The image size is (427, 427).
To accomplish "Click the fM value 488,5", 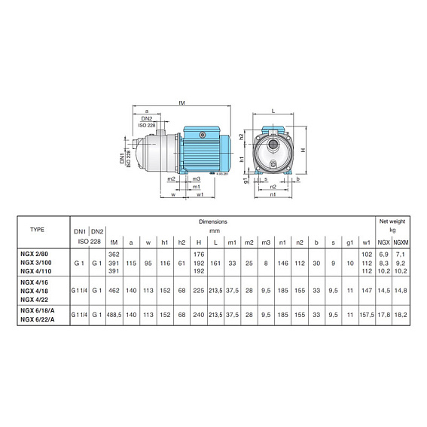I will pyautogui.click(x=114, y=316).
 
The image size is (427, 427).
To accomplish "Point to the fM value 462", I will pyautogui.click(x=114, y=289).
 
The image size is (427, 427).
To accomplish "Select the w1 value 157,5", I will pyautogui.click(x=367, y=316).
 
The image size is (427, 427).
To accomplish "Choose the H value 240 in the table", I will pyautogui.click(x=199, y=316).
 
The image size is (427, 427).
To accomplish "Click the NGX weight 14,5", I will pyautogui.click(x=383, y=289).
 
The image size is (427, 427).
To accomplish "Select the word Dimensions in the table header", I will pyautogui.click(x=213, y=223).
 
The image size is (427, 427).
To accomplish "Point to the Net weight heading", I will pyautogui.click(x=391, y=223).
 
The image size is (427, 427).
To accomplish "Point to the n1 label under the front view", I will pyautogui.click(x=273, y=194).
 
